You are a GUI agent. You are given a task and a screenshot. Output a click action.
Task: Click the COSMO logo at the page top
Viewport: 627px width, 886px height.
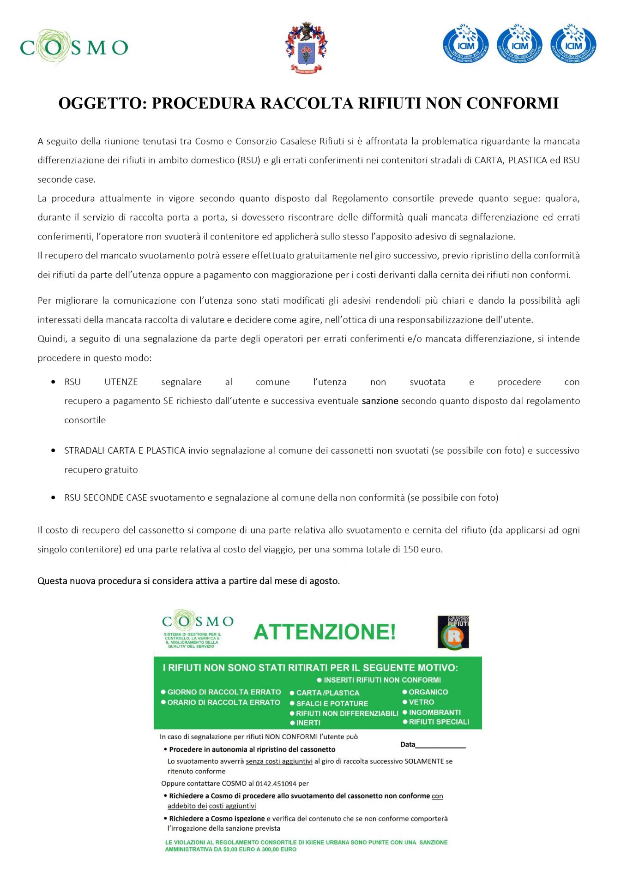tap(74, 47)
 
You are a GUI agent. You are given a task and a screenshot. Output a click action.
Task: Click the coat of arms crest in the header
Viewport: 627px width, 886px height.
tap(306, 48)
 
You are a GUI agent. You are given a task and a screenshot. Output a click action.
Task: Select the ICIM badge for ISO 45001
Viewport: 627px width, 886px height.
tap(465, 45)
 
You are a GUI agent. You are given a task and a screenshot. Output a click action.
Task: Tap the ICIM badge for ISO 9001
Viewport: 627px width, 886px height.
tap(573, 45)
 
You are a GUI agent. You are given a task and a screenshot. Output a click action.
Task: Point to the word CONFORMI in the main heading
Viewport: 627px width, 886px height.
tap(512, 103)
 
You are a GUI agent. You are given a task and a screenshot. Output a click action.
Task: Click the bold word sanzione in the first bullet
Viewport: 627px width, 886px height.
tap(380, 401)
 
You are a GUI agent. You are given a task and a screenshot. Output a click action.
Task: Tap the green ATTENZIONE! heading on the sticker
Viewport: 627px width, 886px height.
tap(325, 632)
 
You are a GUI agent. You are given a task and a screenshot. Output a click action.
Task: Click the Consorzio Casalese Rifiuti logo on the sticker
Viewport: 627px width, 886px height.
tap(453, 632)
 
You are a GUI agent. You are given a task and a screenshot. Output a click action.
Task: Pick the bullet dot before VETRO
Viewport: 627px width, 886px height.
tap(405, 702)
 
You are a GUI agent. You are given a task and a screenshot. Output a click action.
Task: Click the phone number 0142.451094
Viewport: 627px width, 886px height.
tap(276, 784)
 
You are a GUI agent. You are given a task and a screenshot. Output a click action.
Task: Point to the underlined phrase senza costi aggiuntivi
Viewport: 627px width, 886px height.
tap(279, 761)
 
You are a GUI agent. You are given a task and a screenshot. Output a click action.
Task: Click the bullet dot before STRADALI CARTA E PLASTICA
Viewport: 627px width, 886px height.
tap(54, 451)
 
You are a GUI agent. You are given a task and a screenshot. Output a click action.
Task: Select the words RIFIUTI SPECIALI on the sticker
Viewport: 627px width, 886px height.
tap(439, 722)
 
